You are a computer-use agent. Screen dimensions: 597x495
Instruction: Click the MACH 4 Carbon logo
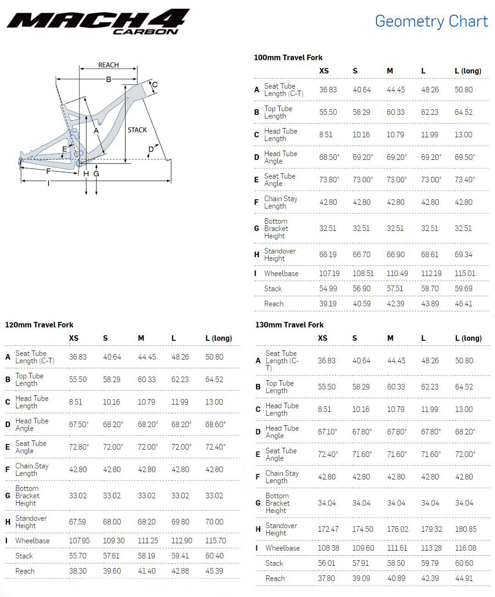click(98, 22)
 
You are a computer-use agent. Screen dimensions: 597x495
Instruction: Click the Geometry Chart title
click(431, 21)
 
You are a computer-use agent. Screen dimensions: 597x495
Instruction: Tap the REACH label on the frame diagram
click(108, 65)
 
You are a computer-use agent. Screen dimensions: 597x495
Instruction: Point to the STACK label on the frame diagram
click(137, 130)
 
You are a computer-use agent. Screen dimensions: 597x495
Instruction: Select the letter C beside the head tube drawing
click(155, 84)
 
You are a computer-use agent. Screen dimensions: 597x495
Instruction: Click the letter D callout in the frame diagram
click(151, 149)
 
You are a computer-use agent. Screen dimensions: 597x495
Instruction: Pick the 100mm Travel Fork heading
click(288, 57)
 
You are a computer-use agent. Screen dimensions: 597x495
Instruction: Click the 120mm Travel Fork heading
click(39, 325)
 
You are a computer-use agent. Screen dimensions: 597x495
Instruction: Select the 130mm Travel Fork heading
click(289, 325)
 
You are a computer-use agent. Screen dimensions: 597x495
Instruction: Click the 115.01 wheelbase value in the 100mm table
click(465, 273)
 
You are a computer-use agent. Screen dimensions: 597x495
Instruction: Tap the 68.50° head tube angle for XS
click(329, 157)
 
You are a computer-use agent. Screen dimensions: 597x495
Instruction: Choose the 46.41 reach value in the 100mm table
click(463, 304)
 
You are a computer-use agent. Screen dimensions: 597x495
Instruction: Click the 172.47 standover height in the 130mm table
click(328, 529)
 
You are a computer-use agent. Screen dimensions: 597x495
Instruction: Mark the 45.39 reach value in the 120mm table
click(214, 571)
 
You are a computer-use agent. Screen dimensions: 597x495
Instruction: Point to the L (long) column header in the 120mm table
click(219, 338)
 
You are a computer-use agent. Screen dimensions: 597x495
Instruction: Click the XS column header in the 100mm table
click(324, 71)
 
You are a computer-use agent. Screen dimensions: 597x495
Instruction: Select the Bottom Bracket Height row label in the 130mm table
click(277, 503)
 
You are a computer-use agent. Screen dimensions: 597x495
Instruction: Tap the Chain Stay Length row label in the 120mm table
click(32, 469)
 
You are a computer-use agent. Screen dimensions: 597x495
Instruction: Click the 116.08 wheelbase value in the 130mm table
click(466, 548)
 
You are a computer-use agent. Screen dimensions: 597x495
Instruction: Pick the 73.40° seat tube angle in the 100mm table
click(465, 180)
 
